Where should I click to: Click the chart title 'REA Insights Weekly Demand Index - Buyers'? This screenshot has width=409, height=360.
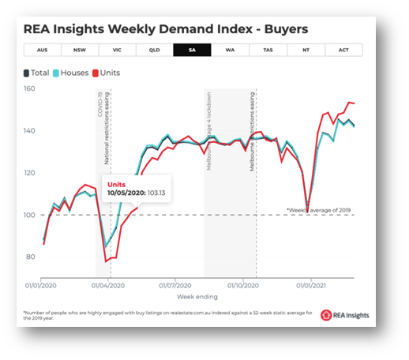[x=166, y=28]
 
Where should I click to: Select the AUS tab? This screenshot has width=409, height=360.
[x=43, y=50]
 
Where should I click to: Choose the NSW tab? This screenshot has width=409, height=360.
[x=81, y=50]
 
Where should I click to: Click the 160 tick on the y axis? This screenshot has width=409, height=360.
[x=30, y=88]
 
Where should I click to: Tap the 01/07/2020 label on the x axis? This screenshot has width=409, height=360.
[x=176, y=285]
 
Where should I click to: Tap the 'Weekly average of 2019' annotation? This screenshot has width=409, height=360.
[x=320, y=211]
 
